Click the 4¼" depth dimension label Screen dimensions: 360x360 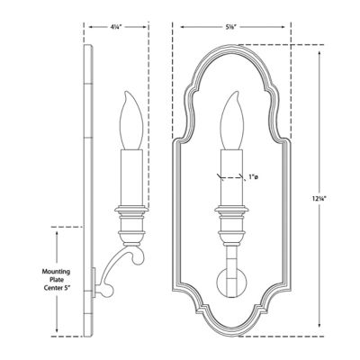[117, 27]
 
